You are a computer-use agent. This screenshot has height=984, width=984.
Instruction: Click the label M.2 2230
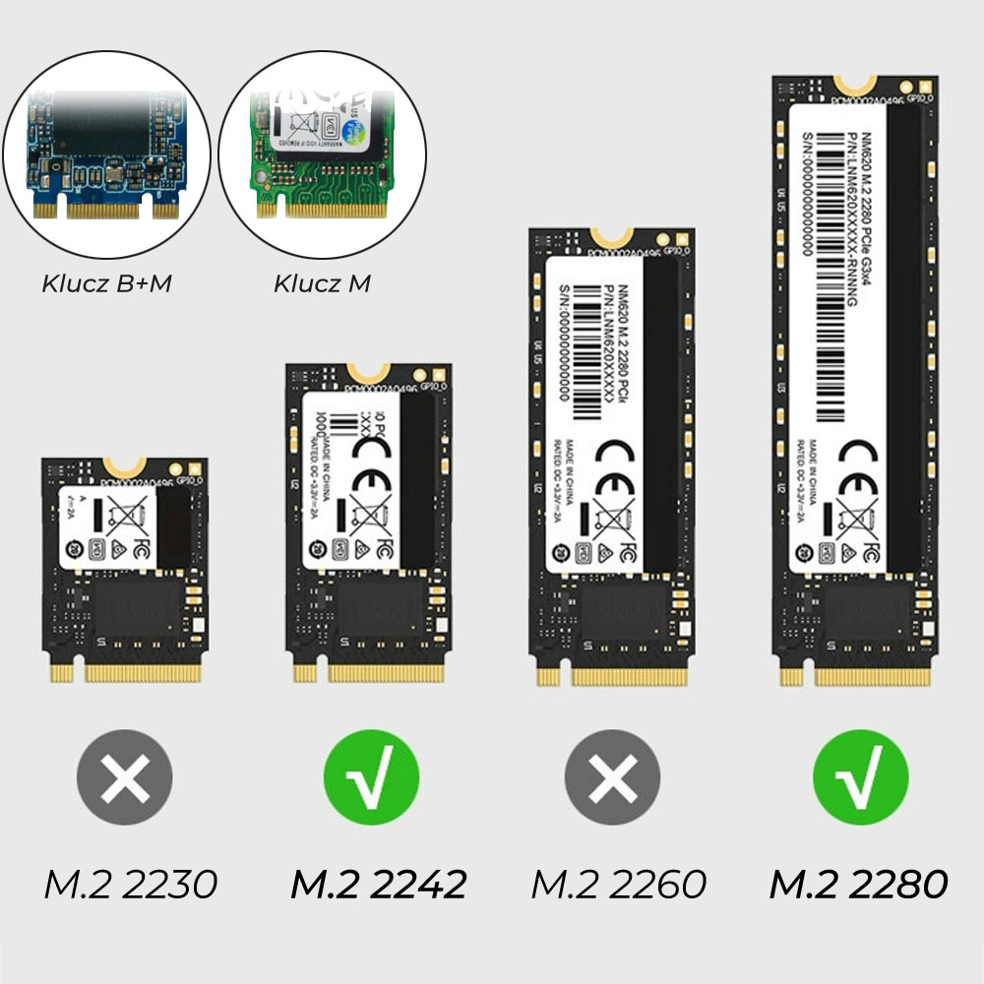click(x=131, y=884)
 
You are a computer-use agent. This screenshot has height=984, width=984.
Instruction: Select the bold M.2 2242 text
click(x=378, y=884)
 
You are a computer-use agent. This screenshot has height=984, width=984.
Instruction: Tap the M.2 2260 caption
click(x=619, y=884)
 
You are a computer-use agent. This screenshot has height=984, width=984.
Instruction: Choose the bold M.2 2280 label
click(x=858, y=884)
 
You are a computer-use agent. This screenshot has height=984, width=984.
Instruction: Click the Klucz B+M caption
click(x=107, y=284)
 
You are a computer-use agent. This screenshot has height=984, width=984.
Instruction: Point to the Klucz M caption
click(x=323, y=284)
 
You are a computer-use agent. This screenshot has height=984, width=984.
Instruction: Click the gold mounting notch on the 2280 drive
click(x=854, y=87)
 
